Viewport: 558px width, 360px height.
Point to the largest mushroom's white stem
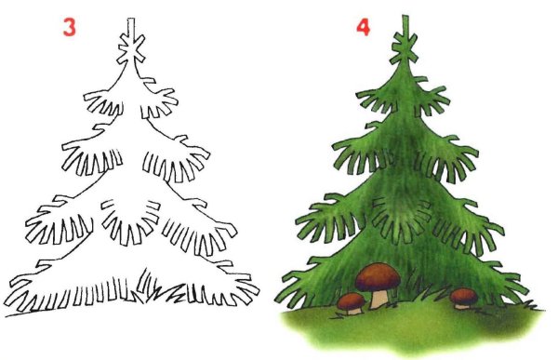pos(379,297)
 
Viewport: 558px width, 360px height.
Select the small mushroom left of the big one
pos(350,302)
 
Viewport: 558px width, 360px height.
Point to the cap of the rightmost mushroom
pos(463,293)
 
